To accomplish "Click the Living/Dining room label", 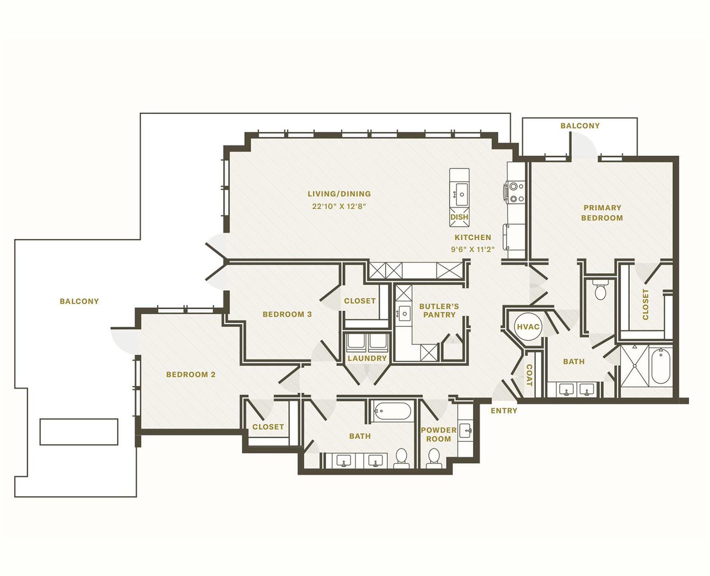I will click(x=339, y=194).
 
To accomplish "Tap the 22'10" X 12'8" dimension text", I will click(x=339, y=206).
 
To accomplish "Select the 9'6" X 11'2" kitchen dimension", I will click(x=473, y=249).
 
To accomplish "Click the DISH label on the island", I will click(x=459, y=217).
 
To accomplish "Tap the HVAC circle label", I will click(x=528, y=327).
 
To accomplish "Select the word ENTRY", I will click(x=504, y=410).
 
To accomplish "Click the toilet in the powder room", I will click(x=434, y=458).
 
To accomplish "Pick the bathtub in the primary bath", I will click(x=660, y=367).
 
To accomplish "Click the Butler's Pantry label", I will click(x=439, y=310).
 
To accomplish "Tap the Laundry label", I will click(x=367, y=358).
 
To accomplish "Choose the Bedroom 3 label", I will click(x=287, y=314).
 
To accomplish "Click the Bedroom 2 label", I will click(x=191, y=374).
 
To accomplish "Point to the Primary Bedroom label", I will click(x=602, y=213).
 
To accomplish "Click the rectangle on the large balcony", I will click(x=79, y=432).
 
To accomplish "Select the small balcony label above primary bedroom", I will click(x=579, y=126).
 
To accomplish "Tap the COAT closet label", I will click(x=529, y=375).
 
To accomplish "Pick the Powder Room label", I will click(x=438, y=434).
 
